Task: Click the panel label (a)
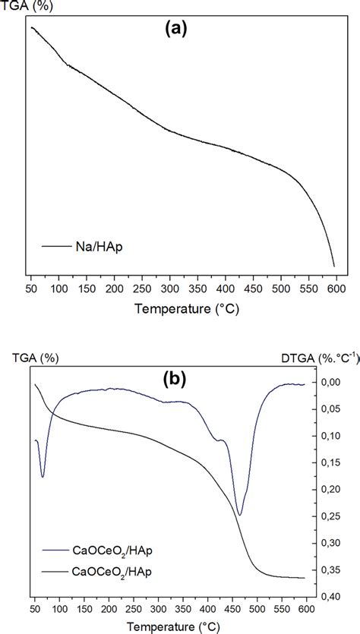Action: (175, 30)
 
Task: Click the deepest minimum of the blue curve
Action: (240, 515)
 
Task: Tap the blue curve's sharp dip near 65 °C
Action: (43, 476)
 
